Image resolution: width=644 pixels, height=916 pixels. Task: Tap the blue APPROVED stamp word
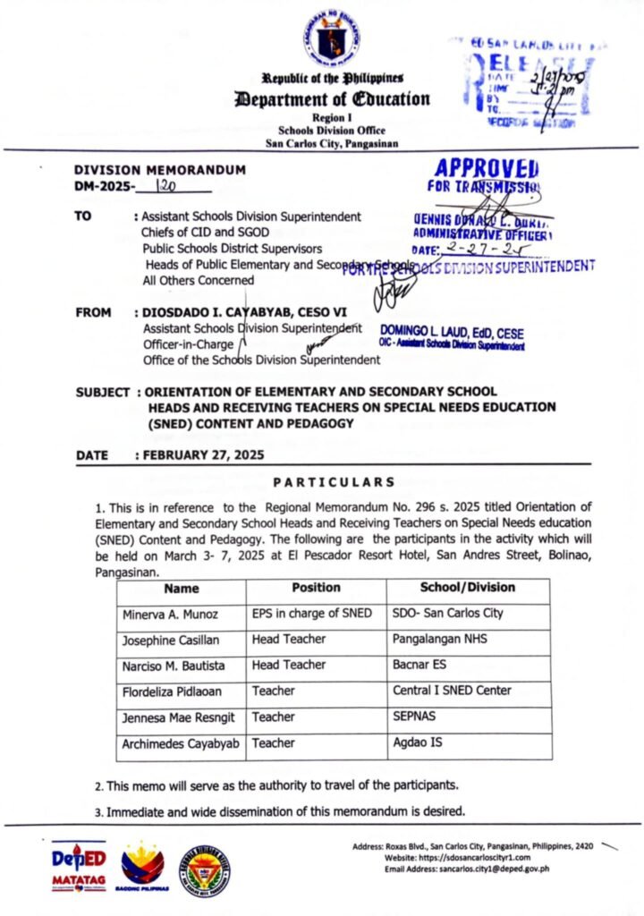pyautogui.click(x=487, y=169)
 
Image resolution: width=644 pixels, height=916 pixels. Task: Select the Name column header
pyautogui.click(x=182, y=588)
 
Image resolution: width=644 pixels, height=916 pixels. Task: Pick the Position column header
pyautogui.click(x=316, y=588)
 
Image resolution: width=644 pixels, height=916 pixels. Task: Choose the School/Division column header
pyautogui.click(x=467, y=588)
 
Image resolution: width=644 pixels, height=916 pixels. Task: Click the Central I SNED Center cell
pyautogui.click(x=452, y=691)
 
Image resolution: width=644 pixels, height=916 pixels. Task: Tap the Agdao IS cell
pyautogui.click(x=419, y=742)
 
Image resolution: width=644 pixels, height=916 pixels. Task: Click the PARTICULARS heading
pyautogui.click(x=333, y=483)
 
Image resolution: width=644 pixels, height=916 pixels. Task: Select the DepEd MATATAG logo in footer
pyautogui.click(x=78, y=865)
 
